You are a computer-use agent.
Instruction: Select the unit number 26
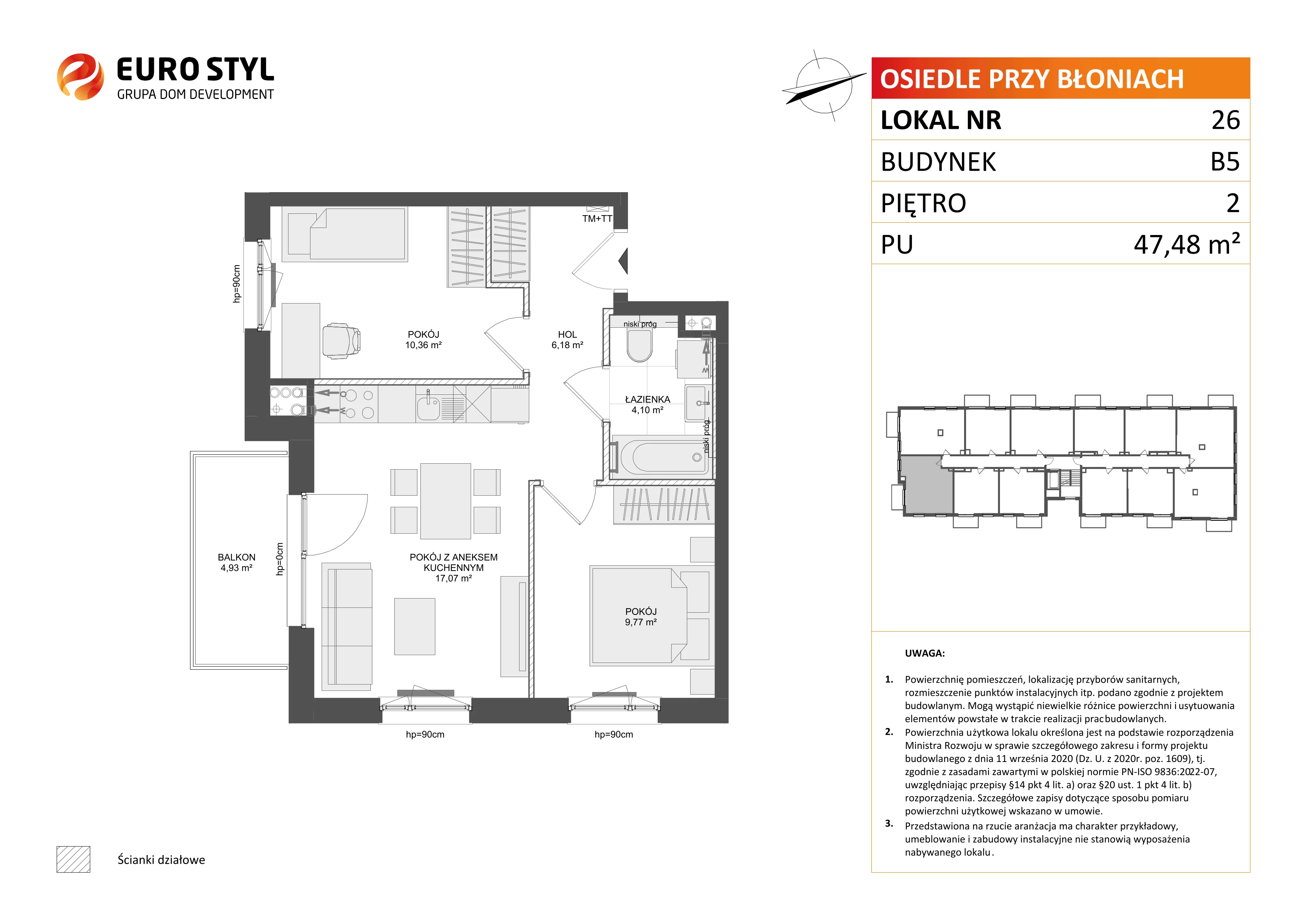(x=1226, y=120)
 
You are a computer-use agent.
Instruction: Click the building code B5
(x=1225, y=162)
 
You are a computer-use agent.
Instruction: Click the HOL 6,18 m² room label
(x=567, y=340)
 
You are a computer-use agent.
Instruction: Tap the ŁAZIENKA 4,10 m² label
(x=647, y=404)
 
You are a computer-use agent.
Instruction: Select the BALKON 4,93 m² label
(x=236, y=562)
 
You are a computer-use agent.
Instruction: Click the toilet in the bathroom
(x=639, y=345)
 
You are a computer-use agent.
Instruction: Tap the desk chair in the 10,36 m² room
(x=341, y=341)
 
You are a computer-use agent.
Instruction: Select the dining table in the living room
(x=446, y=501)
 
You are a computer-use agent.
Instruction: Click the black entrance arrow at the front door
(x=623, y=261)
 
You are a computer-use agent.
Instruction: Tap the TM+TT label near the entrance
(x=597, y=219)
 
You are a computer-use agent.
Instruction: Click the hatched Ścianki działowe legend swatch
(x=73, y=859)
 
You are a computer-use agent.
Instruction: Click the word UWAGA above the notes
(x=925, y=653)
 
